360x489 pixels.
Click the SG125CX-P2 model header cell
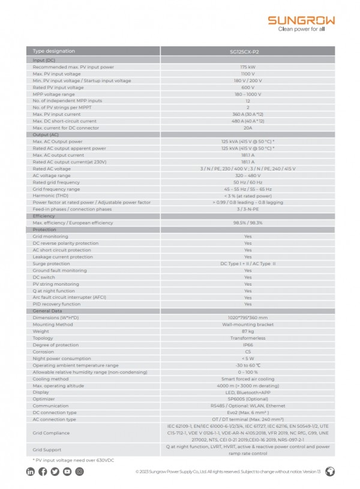click(248, 52)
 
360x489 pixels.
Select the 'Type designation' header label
click(54, 52)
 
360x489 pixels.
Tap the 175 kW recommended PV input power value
click(248, 67)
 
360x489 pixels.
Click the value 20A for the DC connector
click(248, 128)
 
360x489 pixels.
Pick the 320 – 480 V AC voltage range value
click(248, 175)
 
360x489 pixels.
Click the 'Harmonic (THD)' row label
click(50, 196)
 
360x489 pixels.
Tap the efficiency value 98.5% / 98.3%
click(248, 223)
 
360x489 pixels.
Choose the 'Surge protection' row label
click(51, 263)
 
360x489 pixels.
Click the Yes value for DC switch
click(248, 277)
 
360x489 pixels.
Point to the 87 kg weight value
click(248, 331)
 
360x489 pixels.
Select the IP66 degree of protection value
click(248, 344)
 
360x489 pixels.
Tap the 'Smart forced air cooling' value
click(248, 379)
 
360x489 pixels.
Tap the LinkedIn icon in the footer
click(31, 472)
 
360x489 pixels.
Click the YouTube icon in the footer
click(67, 472)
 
